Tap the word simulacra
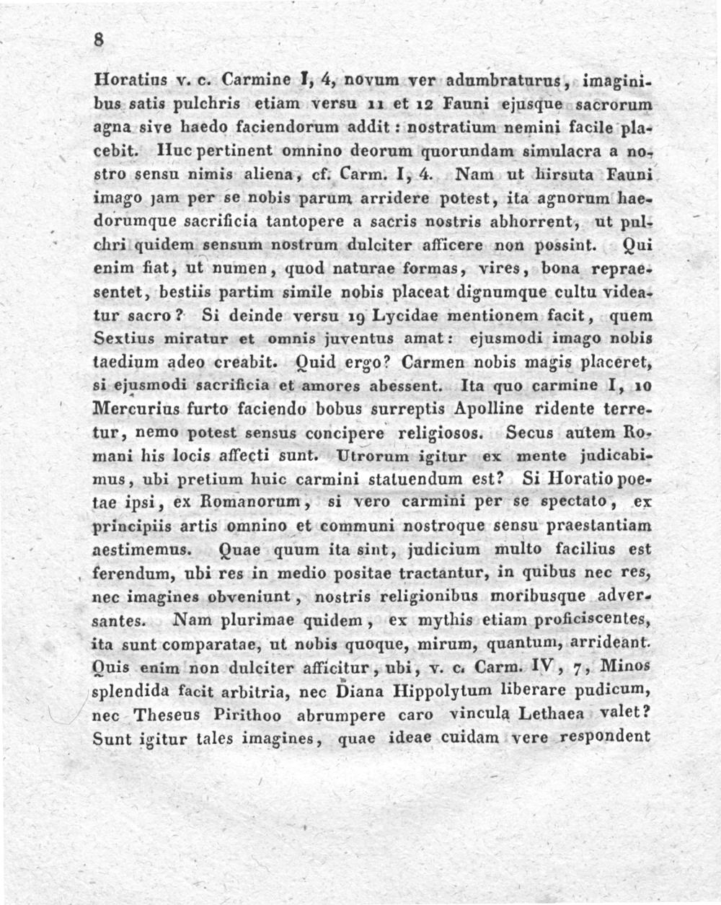pos(565,151)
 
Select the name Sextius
pos(123,338)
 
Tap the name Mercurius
pos(135,409)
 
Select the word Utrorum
pos(367,456)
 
